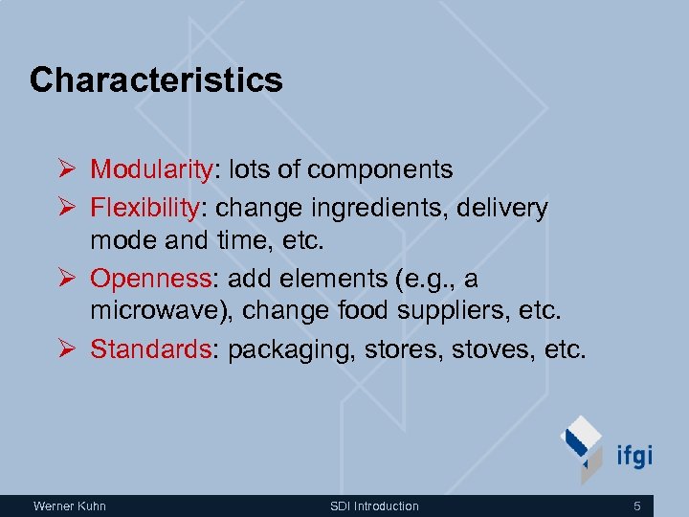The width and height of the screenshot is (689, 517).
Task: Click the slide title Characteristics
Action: (156, 79)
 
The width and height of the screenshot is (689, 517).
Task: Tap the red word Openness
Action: (150, 279)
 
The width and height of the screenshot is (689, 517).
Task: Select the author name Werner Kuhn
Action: (70, 506)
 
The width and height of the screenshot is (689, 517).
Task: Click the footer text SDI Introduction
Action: (374, 506)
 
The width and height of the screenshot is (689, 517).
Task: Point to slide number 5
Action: (637, 506)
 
